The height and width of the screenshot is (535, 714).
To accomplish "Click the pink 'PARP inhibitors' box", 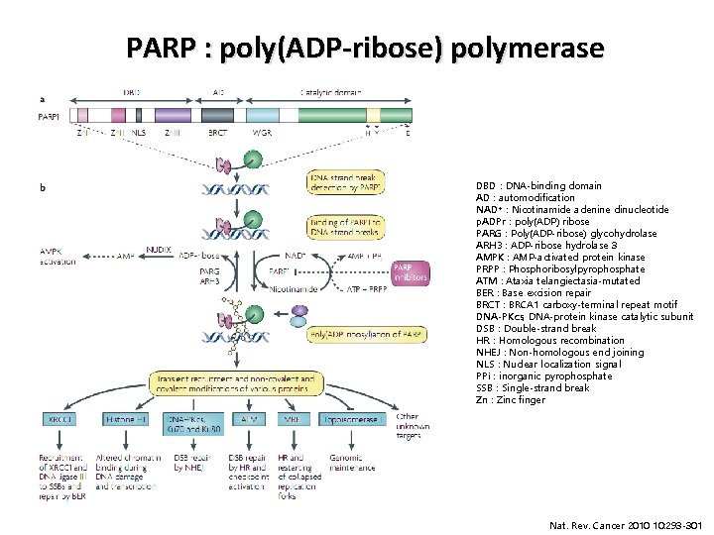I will coord(411,272).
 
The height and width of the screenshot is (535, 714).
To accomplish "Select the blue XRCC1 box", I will coord(59,420).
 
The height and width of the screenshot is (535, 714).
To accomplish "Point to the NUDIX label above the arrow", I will coord(159,248).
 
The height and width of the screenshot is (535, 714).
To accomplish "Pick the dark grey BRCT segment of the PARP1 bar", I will coord(219,116).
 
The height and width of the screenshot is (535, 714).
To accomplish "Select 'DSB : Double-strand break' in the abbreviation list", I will coord(535,328).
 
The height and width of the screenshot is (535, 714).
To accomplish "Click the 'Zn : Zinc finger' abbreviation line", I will coord(511,399).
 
